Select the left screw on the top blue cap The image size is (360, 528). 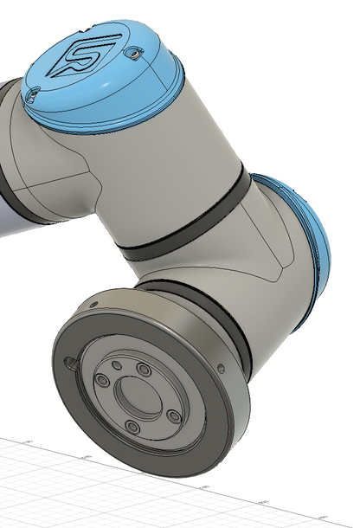(35, 91)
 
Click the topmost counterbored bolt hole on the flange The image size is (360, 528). (143, 370)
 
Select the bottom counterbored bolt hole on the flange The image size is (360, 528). (132, 428)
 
